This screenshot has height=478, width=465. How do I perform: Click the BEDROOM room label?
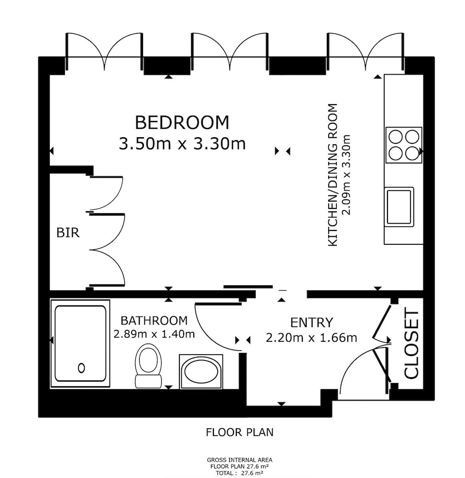pyautogui.click(x=182, y=122)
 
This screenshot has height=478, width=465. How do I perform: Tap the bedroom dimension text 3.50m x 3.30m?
pyautogui.click(x=182, y=143)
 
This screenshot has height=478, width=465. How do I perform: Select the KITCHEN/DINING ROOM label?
pyautogui.click(x=332, y=175)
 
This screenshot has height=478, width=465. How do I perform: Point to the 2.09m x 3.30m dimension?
pyautogui.click(x=347, y=175)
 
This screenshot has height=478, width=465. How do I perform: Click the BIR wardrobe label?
pyautogui.click(x=68, y=233)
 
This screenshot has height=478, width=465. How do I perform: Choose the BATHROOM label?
pyautogui.click(x=154, y=321)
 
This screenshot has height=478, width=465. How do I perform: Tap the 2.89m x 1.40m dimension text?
pyautogui.click(x=154, y=334)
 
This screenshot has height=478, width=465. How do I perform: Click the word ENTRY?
pyautogui.click(x=311, y=323)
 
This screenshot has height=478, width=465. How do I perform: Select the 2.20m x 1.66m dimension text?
pyautogui.click(x=311, y=338)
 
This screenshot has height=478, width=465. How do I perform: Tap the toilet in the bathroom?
pyautogui.click(x=148, y=366)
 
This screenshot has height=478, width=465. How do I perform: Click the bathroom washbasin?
pyautogui.click(x=201, y=371)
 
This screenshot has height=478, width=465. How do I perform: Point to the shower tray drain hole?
pyautogui.click(x=81, y=368)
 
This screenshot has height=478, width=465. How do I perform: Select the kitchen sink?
pyautogui.click(x=399, y=207)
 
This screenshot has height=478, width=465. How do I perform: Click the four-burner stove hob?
pyautogui.click(x=404, y=145)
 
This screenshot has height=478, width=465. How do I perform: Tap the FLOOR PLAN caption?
pyautogui.click(x=240, y=432)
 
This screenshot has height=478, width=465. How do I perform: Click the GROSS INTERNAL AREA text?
pyautogui.click(x=240, y=460)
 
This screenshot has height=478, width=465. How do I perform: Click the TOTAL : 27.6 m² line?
pyautogui.click(x=240, y=473)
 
